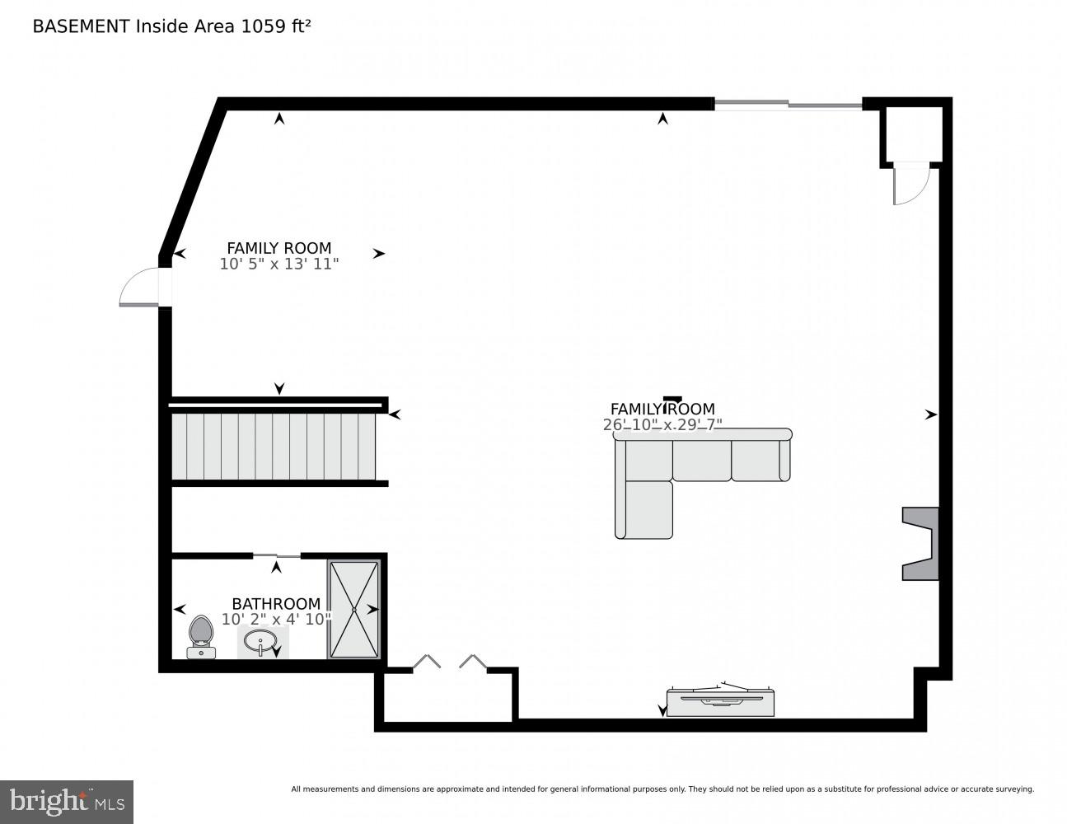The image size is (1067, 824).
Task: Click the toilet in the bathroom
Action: tap(201, 636)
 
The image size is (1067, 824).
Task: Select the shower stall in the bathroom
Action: tap(354, 609)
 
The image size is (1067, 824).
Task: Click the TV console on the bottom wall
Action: tap(719, 701)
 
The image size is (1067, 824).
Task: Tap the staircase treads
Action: tap(272, 446)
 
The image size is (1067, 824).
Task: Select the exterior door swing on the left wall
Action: tap(140, 288)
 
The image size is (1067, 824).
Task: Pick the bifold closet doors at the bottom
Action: tap(450, 662)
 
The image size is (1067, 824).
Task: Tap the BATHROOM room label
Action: tap(275, 604)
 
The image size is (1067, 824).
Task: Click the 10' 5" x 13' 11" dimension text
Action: tap(279, 265)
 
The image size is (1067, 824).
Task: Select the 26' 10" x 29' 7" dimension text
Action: tap(662, 425)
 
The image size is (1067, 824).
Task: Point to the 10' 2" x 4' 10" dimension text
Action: tap(276, 620)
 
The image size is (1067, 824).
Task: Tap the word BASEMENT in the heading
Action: tap(81, 26)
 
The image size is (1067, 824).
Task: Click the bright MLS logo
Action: tap(67, 801)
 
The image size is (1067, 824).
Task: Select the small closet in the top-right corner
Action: tap(912, 134)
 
